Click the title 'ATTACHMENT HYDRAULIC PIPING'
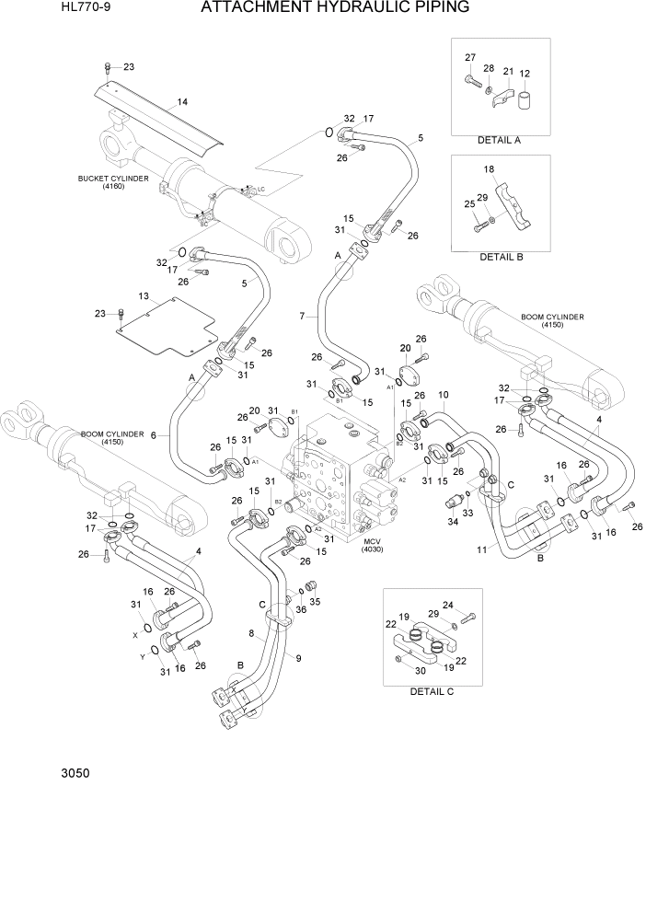[x=334, y=8]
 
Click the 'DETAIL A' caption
[x=500, y=141]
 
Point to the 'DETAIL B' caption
[x=501, y=257]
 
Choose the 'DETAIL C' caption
[x=432, y=690]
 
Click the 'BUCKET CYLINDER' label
[x=114, y=179]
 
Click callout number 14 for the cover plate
[x=182, y=101]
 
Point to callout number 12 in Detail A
[x=525, y=74]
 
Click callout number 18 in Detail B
[x=489, y=169]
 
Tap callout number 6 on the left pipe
[x=153, y=435]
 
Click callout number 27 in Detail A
[x=470, y=58]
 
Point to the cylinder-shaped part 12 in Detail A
[x=524, y=99]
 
